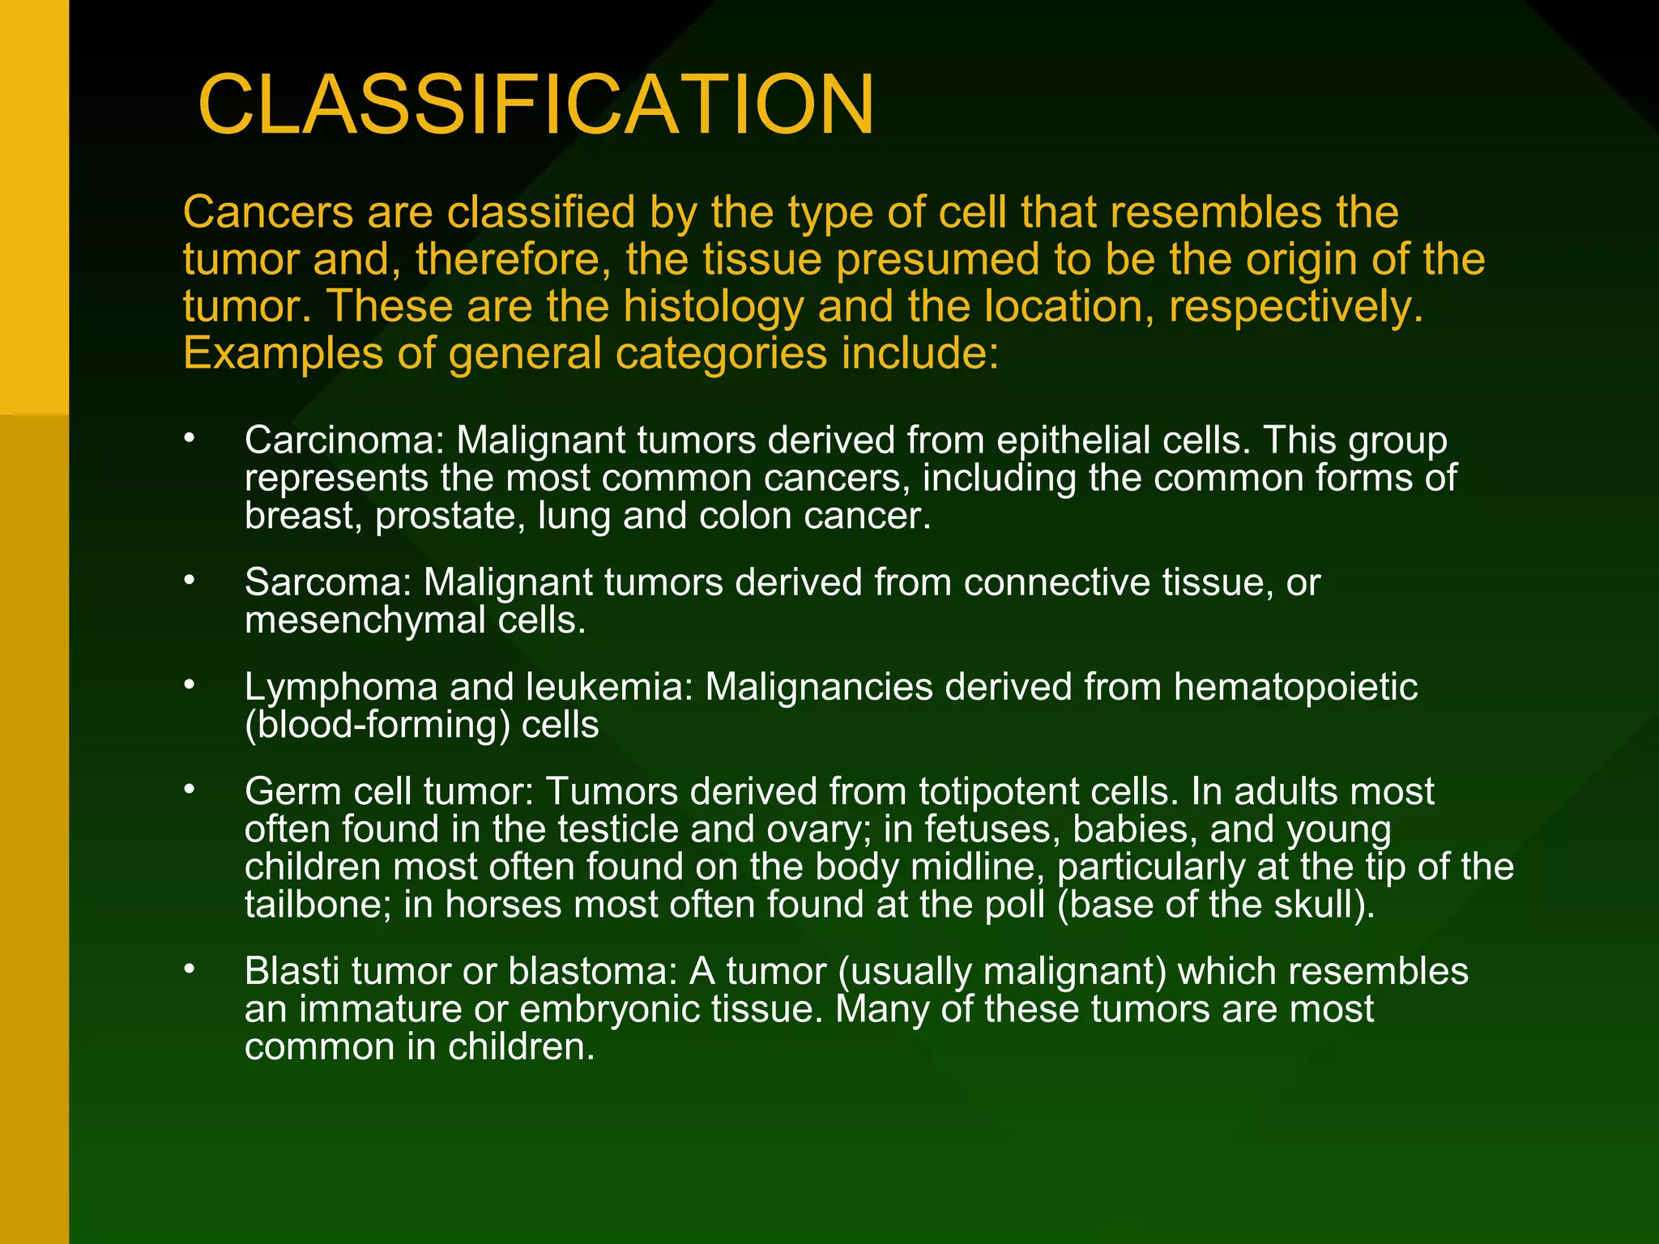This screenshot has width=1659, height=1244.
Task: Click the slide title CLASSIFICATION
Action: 535,105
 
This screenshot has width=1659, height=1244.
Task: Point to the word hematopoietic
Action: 1295,688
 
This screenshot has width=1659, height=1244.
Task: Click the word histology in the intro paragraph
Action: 714,307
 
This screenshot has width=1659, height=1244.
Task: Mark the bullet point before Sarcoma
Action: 189,580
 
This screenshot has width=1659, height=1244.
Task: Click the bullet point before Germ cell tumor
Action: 189,789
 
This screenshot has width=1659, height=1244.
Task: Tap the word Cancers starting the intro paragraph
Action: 268,213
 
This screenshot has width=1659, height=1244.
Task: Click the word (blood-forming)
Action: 377,725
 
